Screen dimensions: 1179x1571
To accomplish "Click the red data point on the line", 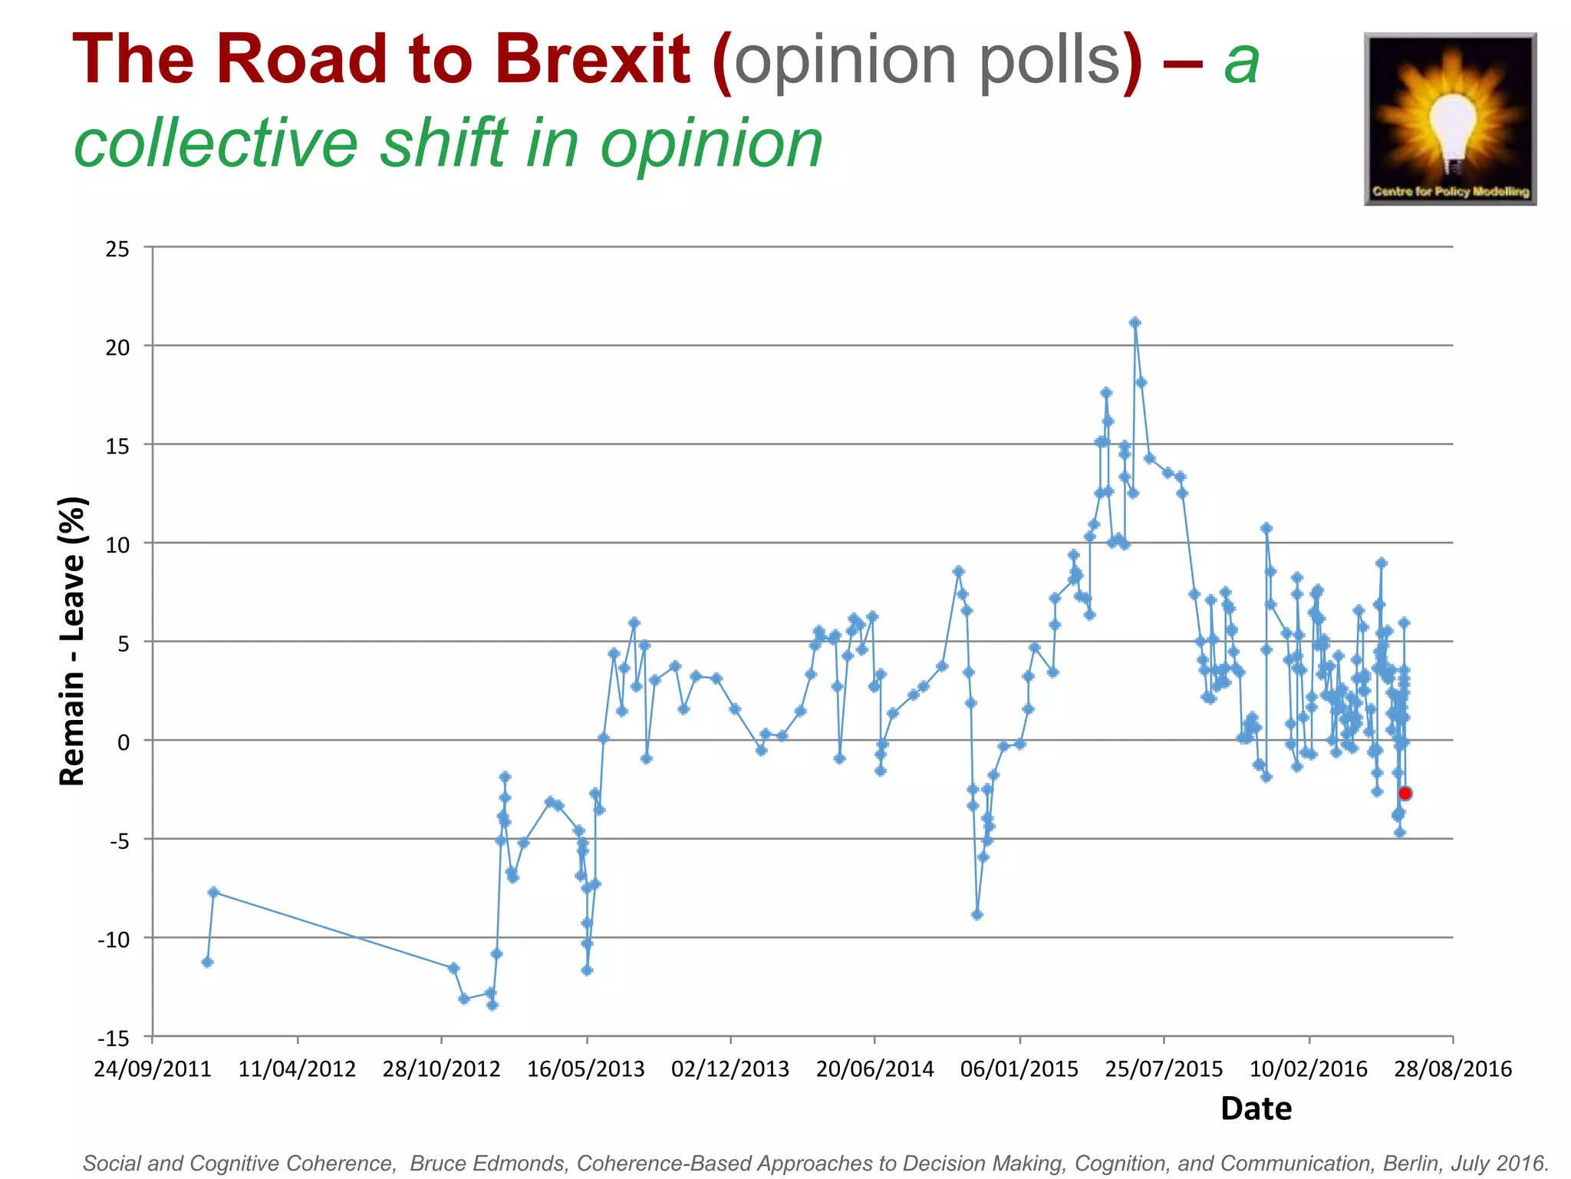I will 1405,793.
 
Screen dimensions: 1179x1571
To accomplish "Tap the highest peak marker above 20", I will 1135,322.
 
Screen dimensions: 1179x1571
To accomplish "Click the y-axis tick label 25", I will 117,249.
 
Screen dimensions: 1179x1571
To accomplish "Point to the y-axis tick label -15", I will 114,1039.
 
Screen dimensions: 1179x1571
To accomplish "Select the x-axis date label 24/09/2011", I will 152,1069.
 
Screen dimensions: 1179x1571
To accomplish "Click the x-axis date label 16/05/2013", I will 586,1069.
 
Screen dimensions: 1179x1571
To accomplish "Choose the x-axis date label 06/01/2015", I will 1019,1069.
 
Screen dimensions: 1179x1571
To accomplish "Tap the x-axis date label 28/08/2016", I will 1453,1069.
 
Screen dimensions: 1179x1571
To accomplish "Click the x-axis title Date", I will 1256,1109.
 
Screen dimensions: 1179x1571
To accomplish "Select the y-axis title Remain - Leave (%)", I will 73,642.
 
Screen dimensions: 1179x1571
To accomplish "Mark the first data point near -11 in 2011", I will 207,962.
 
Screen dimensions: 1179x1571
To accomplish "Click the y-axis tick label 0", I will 124,742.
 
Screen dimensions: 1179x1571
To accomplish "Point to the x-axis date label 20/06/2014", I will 874,1069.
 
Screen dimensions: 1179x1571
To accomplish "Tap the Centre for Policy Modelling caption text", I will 1451,191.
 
